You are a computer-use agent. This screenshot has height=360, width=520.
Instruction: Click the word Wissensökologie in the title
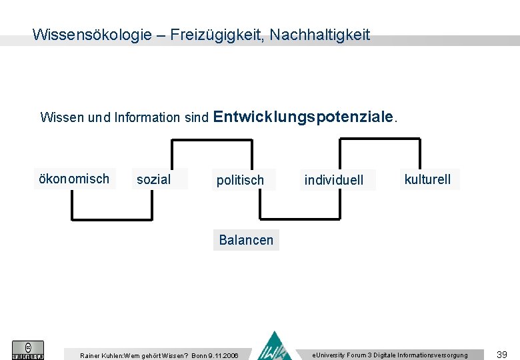[x=92, y=35]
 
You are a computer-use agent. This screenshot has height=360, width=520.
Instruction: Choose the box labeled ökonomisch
[x=74, y=179]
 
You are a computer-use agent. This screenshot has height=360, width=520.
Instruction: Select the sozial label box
[x=154, y=179]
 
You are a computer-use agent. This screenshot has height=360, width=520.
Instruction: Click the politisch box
[x=240, y=180]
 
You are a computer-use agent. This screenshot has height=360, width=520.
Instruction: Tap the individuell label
[x=334, y=180]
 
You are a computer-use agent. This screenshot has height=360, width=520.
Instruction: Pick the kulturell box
[x=427, y=179]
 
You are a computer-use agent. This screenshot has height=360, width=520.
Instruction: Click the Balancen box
[x=246, y=240]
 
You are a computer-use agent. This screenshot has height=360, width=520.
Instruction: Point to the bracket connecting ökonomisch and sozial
[x=111, y=219]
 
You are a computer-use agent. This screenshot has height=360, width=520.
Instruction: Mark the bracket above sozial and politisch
[x=212, y=139]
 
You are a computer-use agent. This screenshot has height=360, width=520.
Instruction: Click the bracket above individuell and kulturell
[x=380, y=139]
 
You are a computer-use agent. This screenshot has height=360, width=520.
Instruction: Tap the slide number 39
[x=503, y=354]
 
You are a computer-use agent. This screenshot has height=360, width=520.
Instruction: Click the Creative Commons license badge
[x=28, y=350]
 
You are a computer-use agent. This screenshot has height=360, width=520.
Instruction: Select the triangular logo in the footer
[x=275, y=347]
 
